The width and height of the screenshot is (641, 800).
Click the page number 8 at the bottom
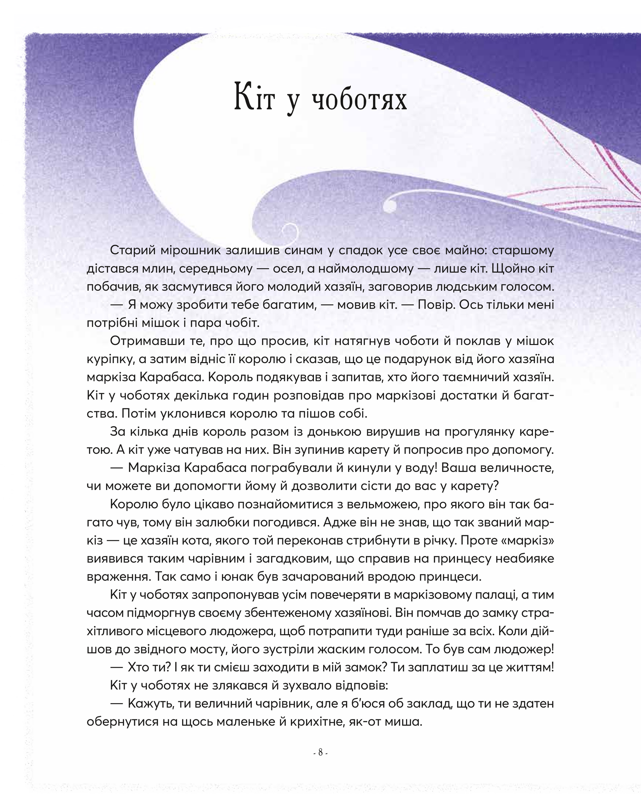pyautogui.click(x=320, y=753)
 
